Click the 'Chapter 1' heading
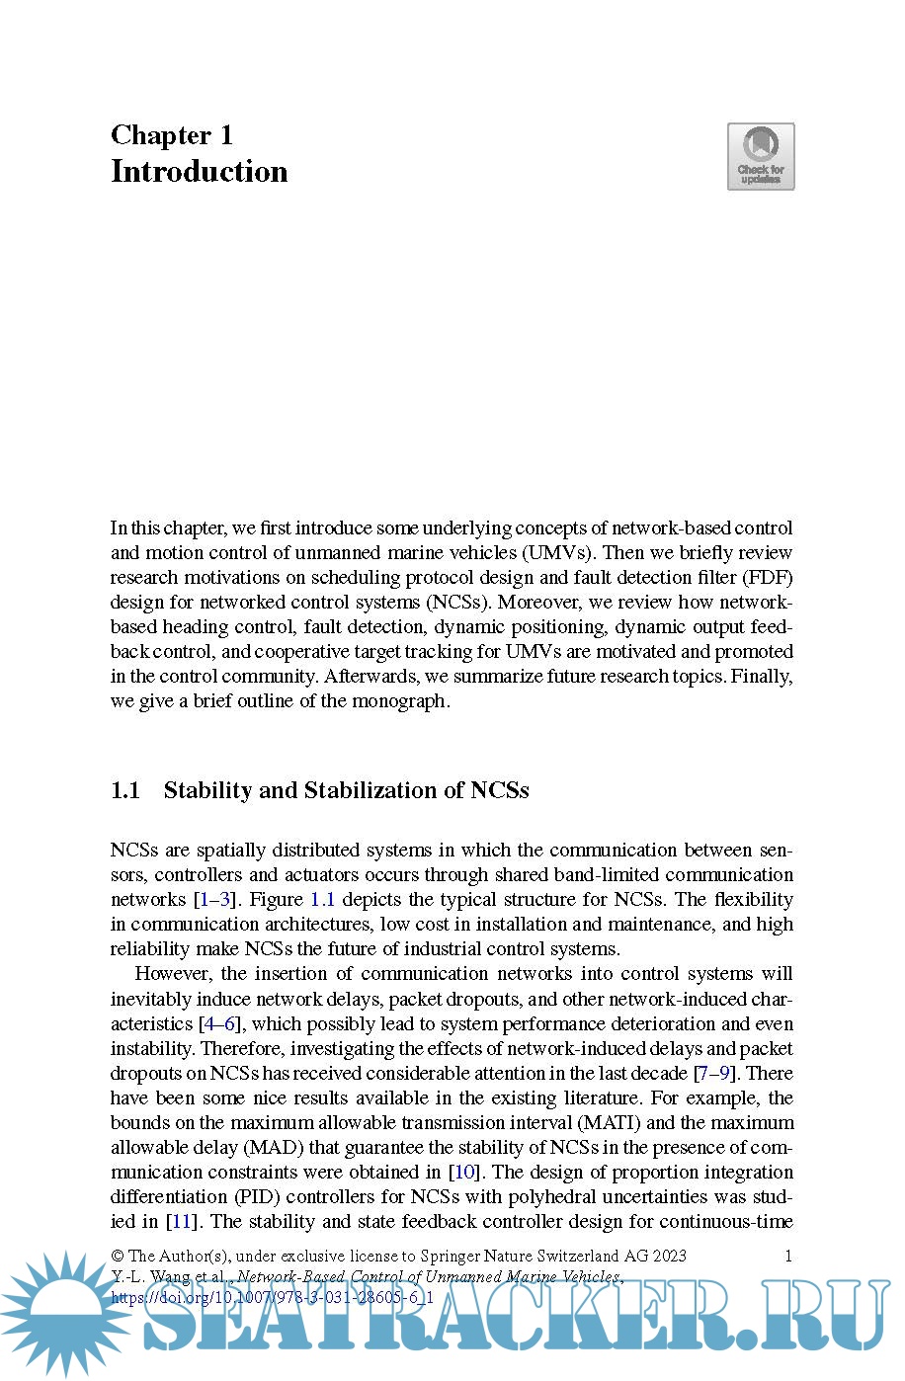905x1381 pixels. (172, 135)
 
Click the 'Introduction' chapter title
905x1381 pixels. (199, 172)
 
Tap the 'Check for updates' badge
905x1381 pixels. (761, 156)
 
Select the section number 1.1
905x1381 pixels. (125, 790)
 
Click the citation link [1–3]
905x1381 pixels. (215, 900)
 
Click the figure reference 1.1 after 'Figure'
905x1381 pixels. (323, 900)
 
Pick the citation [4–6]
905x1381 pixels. (219, 1024)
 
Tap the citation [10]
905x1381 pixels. (464, 1173)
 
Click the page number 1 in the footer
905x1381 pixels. (788, 1257)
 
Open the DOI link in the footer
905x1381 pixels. (273, 1297)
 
